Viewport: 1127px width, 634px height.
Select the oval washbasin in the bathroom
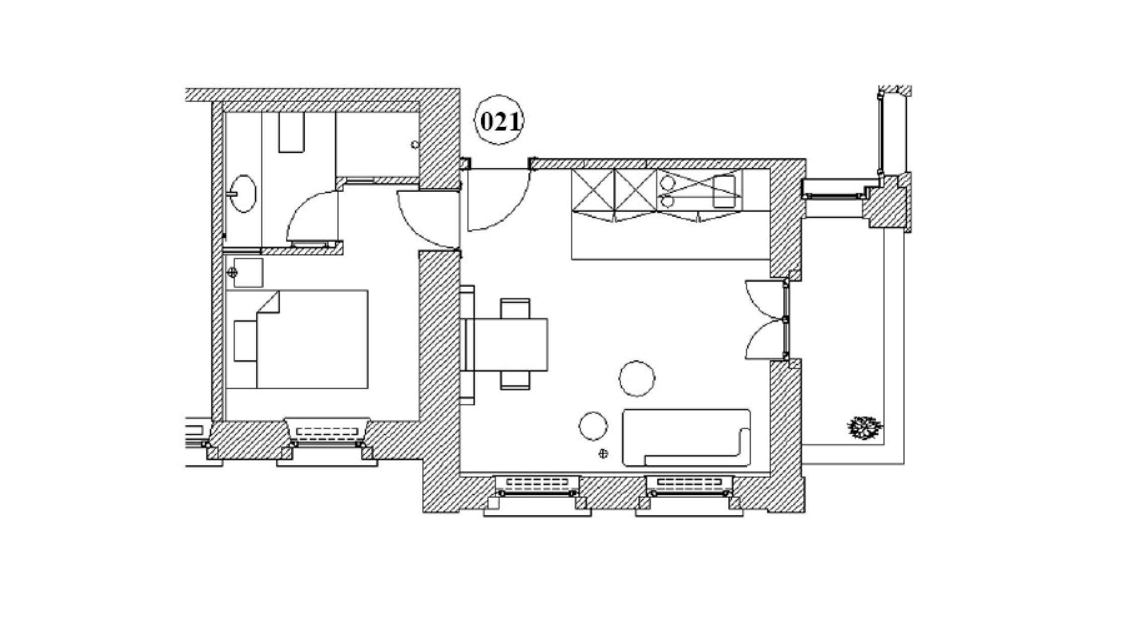coord(243,193)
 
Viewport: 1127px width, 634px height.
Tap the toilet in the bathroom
coord(292,132)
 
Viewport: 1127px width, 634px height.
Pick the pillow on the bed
coord(246,341)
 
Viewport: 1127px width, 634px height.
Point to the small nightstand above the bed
coord(248,273)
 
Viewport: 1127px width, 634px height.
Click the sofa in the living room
coord(686,437)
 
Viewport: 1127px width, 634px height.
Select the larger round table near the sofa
coord(637,378)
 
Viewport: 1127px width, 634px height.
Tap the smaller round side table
coord(593,426)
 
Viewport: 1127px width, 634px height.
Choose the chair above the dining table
coord(515,307)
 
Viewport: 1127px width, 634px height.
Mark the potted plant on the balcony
coord(864,428)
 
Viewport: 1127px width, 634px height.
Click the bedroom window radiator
coord(327,432)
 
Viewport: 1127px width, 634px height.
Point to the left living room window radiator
coord(537,484)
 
